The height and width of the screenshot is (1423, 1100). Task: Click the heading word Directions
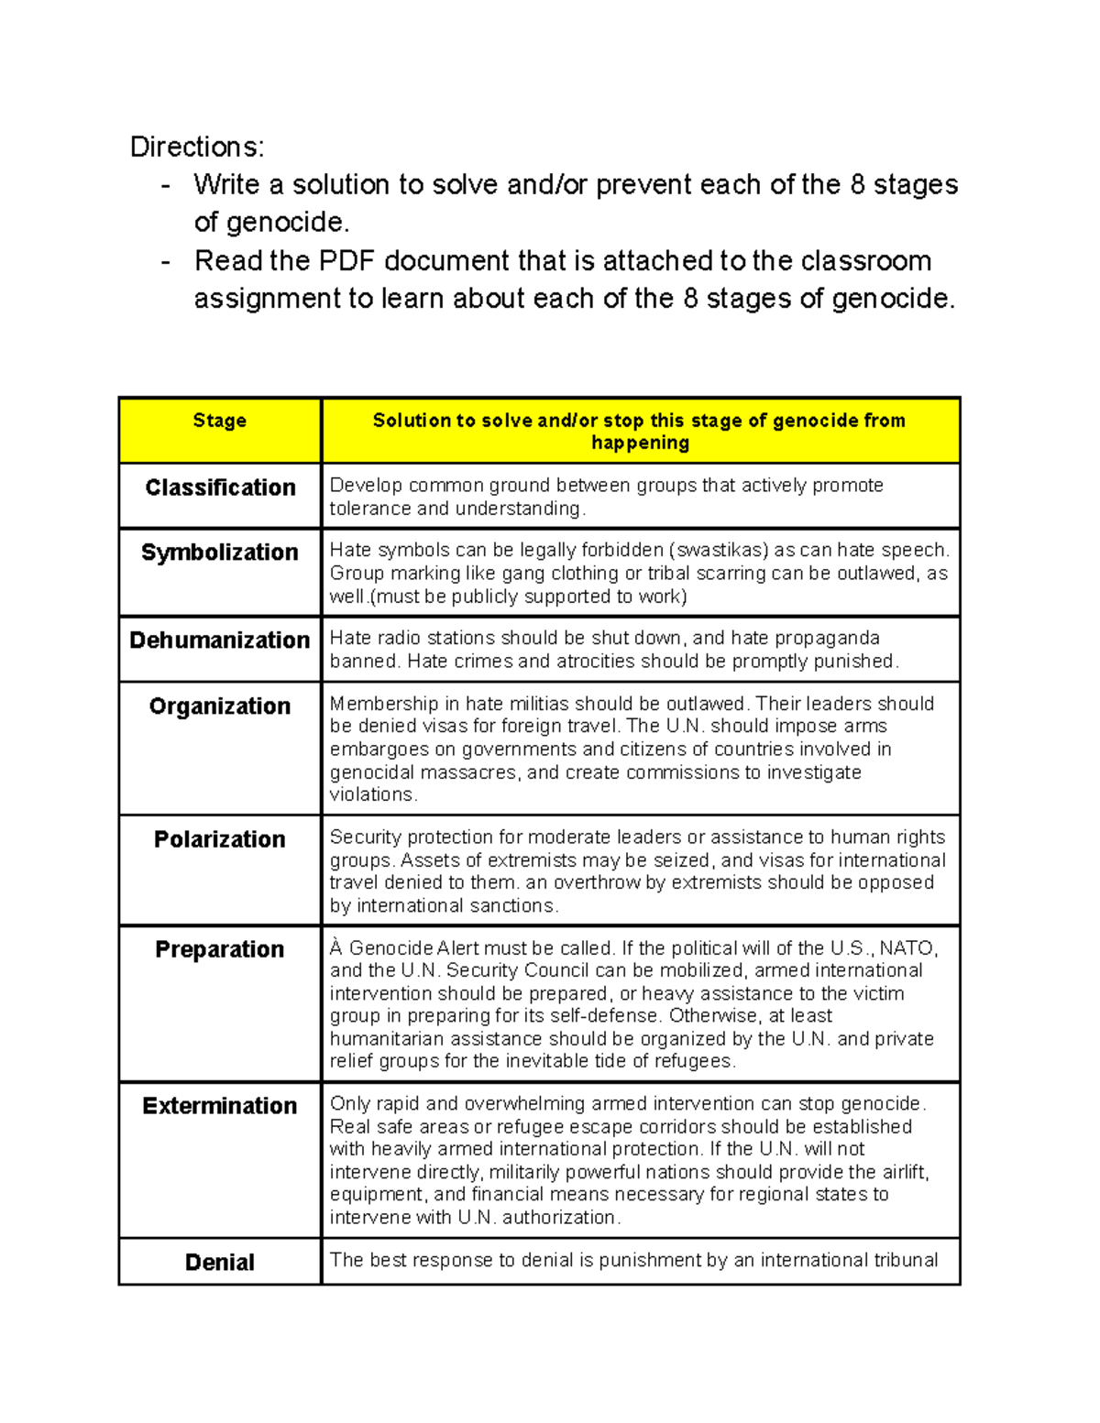point(196,147)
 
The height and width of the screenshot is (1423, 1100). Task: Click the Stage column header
point(219,421)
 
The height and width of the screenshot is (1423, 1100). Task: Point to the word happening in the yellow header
point(640,443)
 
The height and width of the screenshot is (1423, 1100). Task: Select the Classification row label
point(220,487)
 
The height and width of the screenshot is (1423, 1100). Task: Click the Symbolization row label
point(220,553)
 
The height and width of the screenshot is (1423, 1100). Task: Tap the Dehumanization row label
point(220,640)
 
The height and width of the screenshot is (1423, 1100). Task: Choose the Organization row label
point(220,706)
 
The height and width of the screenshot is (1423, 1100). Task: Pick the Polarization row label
point(220,839)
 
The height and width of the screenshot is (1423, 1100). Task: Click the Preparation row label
point(220,949)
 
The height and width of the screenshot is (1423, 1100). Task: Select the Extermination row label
point(220,1106)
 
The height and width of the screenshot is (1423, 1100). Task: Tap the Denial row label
point(220,1263)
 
